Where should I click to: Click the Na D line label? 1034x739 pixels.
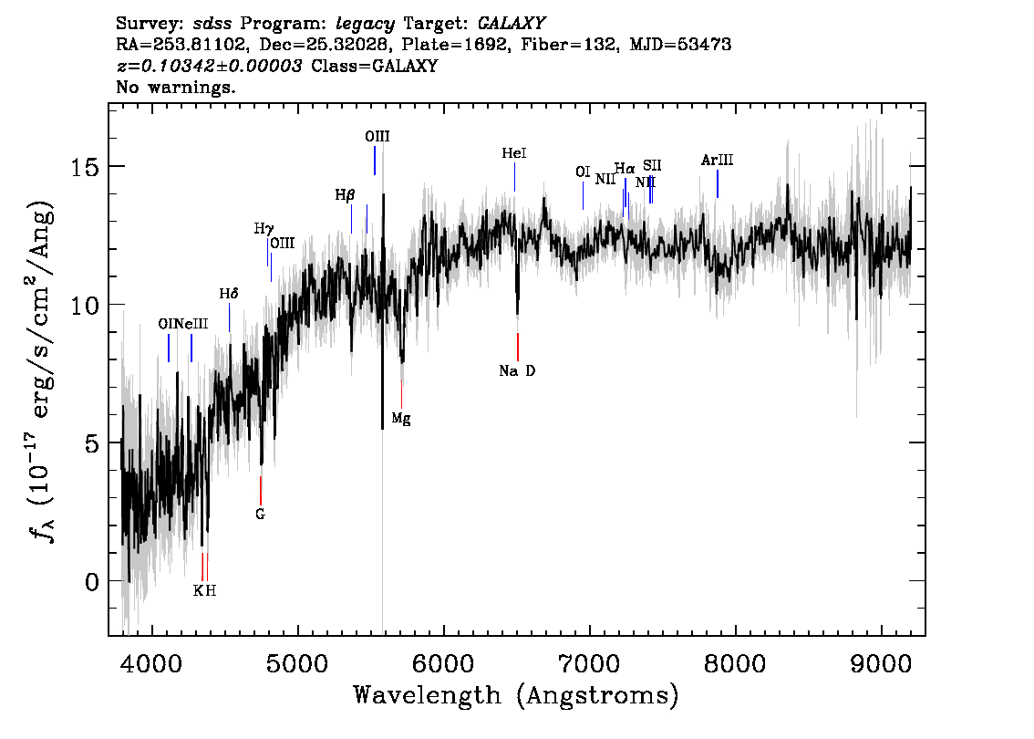click(517, 370)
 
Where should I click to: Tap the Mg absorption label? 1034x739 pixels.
click(401, 419)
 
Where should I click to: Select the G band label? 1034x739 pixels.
click(260, 514)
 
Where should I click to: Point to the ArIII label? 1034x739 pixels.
click(717, 160)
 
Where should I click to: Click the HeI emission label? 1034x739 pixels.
click(513, 153)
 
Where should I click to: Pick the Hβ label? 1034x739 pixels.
click(345, 195)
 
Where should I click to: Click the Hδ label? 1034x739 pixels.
click(229, 294)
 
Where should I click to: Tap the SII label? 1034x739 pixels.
click(652, 165)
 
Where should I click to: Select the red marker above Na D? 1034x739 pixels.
click(518, 347)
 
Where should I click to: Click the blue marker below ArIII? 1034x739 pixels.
click(718, 183)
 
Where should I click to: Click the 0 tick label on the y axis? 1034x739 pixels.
click(91, 581)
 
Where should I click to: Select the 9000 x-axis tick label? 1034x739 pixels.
click(881, 663)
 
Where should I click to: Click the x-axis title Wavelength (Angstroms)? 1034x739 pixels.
click(516, 695)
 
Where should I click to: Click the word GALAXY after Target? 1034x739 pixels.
click(511, 24)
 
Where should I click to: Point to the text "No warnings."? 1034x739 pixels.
click(175, 87)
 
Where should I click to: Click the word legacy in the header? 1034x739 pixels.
click(366, 25)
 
